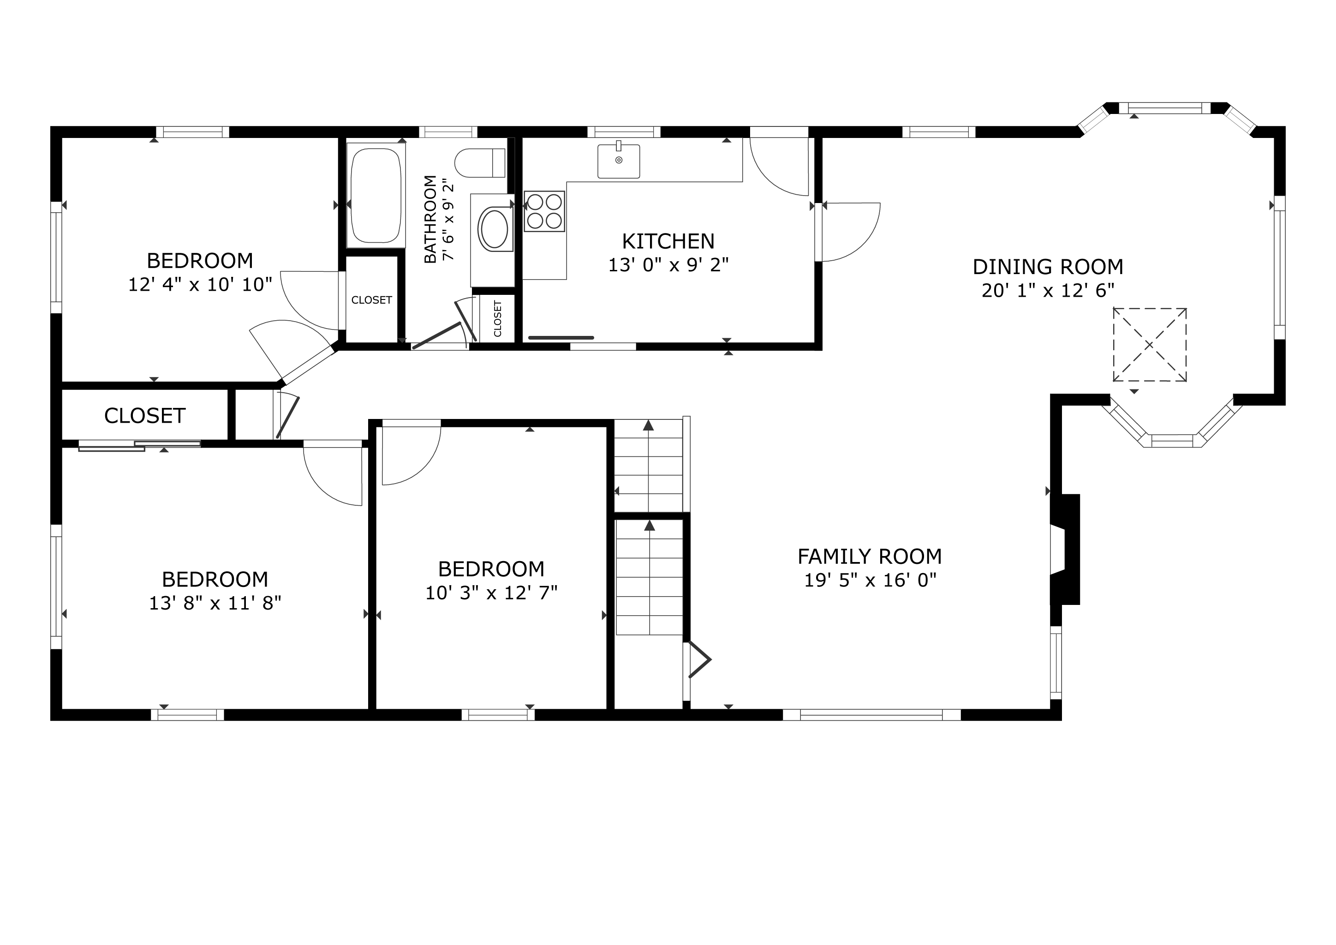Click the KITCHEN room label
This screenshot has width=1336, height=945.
pos(668,241)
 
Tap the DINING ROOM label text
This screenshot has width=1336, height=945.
pos(1048,267)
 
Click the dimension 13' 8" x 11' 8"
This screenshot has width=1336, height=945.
pos(215,603)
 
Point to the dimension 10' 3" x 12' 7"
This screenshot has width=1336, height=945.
pos(492,592)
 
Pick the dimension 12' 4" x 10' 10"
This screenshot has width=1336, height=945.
pos(200,285)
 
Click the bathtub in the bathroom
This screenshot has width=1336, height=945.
pos(376,196)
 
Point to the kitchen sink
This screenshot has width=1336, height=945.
pos(619,161)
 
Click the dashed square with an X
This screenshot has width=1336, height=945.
pos(1150,345)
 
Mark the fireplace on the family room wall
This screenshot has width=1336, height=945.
pos(1065,549)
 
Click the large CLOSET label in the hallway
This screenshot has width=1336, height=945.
pos(145,415)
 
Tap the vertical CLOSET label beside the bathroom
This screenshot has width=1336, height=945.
pos(497,318)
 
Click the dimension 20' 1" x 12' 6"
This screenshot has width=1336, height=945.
pos(1048,290)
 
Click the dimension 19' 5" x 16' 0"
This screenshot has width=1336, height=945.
pos(871,580)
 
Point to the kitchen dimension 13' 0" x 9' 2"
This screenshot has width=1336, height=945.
pos(668,265)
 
